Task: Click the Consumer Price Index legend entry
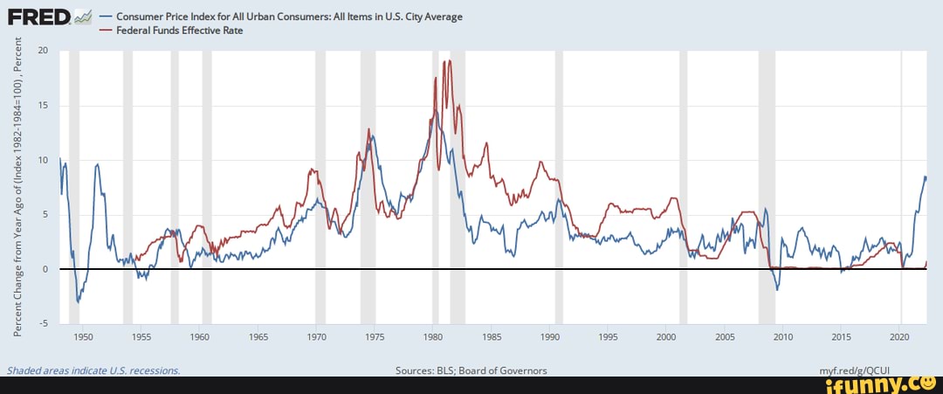click(x=288, y=17)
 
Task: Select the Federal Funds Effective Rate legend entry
click(x=179, y=30)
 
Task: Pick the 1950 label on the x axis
click(x=83, y=336)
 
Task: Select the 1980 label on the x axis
click(x=433, y=336)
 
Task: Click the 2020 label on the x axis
click(x=900, y=336)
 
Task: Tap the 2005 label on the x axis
click(x=725, y=336)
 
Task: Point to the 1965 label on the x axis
click(x=258, y=336)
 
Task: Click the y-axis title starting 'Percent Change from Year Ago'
click(x=18, y=187)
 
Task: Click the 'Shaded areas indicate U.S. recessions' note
click(x=93, y=370)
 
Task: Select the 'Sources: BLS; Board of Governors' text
click(x=471, y=370)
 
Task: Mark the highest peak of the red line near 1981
click(x=449, y=60)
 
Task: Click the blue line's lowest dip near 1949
click(x=78, y=302)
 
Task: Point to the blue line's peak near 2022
click(x=925, y=176)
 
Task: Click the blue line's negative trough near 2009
click(x=777, y=289)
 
